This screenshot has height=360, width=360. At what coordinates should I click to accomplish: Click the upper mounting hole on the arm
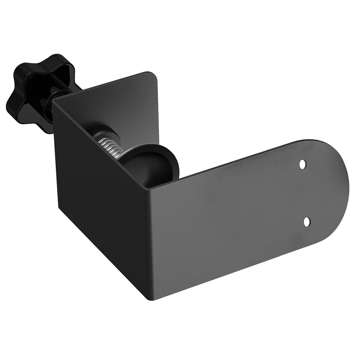[x=303, y=164]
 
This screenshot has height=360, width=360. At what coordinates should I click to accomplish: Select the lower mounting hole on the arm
[x=307, y=221]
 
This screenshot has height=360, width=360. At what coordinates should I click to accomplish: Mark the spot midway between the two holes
[x=305, y=193]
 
